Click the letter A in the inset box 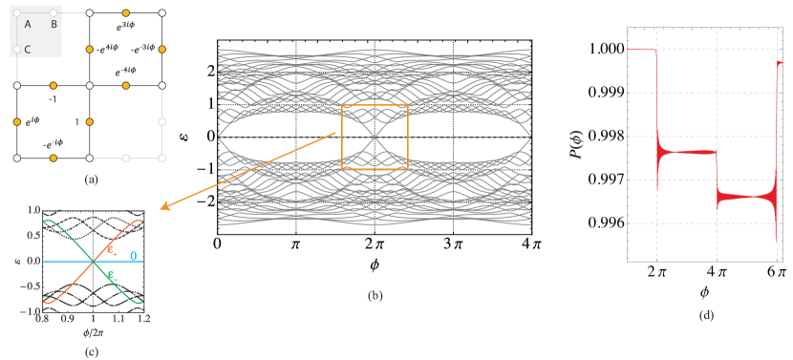(x=28, y=23)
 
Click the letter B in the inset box (x=54, y=23)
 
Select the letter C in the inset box (x=28, y=49)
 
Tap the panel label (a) (x=90, y=179)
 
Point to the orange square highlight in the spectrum (x=375, y=137)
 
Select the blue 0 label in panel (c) (x=133, y=256)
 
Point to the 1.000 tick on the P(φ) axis (x=608, y=49)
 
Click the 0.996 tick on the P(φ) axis (x=608, y=222)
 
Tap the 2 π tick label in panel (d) (x=656, y=271)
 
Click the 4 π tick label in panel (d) (x=716, y=271)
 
